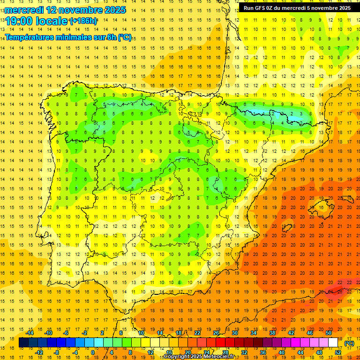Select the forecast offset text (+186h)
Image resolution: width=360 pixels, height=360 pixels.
pos(83,21)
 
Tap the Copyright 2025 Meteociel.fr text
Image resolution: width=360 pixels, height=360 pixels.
pos(199,357)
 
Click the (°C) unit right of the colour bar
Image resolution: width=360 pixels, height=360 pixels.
pos(349,343)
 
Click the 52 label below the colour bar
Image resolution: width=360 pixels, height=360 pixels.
pos(338,352)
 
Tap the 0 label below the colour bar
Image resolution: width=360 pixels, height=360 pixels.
pos(92,352)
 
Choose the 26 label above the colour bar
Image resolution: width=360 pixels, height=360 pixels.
pos(216,333)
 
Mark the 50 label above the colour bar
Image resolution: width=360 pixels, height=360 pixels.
pos(329,333)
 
